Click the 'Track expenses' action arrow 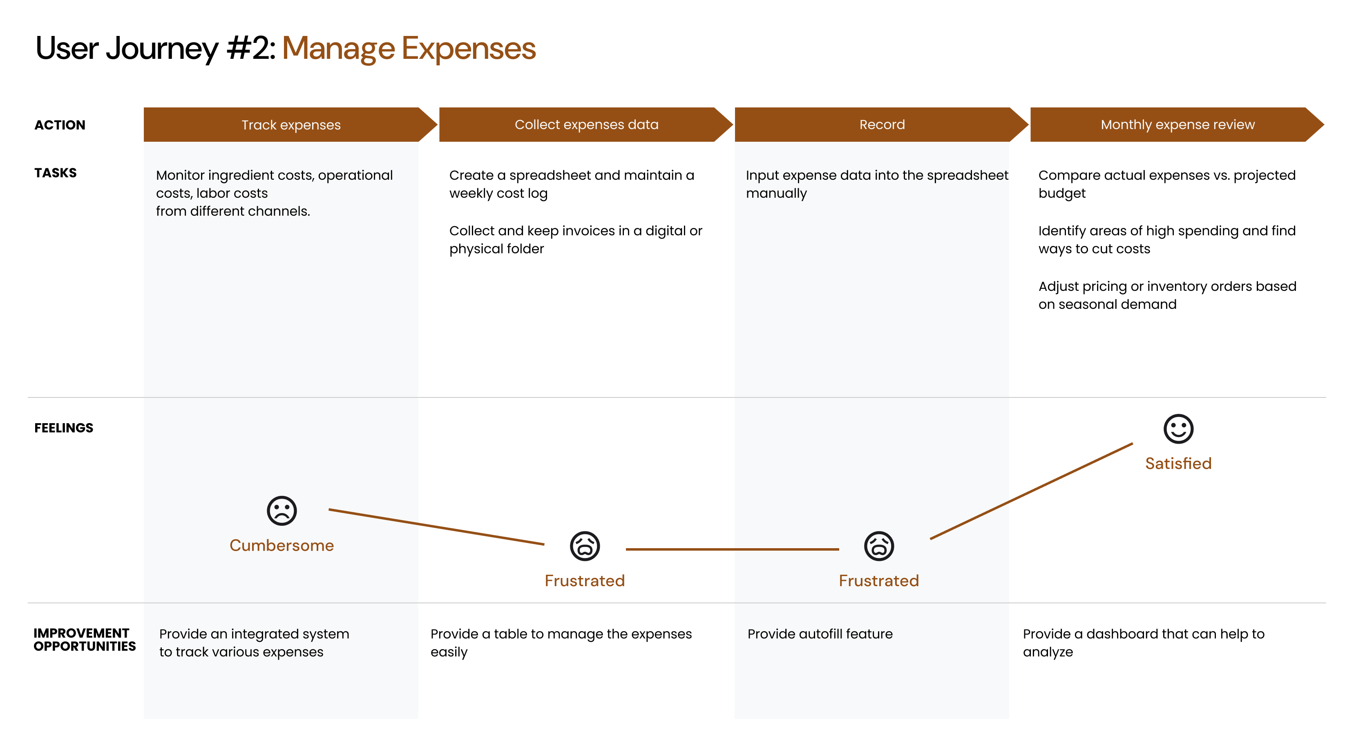(x=290, y=125)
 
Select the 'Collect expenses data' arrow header (x=586, y=125)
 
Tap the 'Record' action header (x=881, y=125)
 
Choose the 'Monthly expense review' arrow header (x=1177, y=125)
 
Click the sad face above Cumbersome (x=282, y=511)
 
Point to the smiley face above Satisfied (x=1178, y=429)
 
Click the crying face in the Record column (x=879, y=546)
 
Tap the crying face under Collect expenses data (x=585, y=546)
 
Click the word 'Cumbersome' (x=282, y=545)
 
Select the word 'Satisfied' (x=1178, y=464)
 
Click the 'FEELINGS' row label (x=64, y=428)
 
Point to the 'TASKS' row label (x=55, y=173)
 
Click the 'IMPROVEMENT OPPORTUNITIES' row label (x=85, y=640)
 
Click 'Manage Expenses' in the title (x=409, y=48)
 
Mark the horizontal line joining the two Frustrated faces (x=732, y=549)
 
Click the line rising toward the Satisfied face (x=1031, y=491)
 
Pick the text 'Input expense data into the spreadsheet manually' (x=877, y=184)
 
